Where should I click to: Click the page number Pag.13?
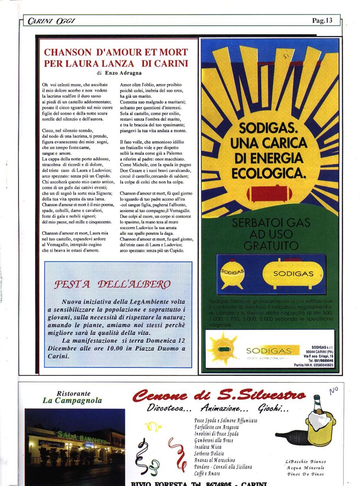pos(322,20)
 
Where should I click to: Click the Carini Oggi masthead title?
pos(46,21)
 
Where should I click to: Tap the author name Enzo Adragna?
pos(123,73)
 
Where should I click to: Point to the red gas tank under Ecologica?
pos(270,194)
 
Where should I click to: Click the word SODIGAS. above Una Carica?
pos(268,129)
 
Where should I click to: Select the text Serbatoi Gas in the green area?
pos(271,223)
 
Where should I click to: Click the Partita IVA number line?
pos(313,365)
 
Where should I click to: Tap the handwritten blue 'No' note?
pos(333,390)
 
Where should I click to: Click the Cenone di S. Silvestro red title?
pos(219,396)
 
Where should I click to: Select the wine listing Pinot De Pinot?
pos(306,474)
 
